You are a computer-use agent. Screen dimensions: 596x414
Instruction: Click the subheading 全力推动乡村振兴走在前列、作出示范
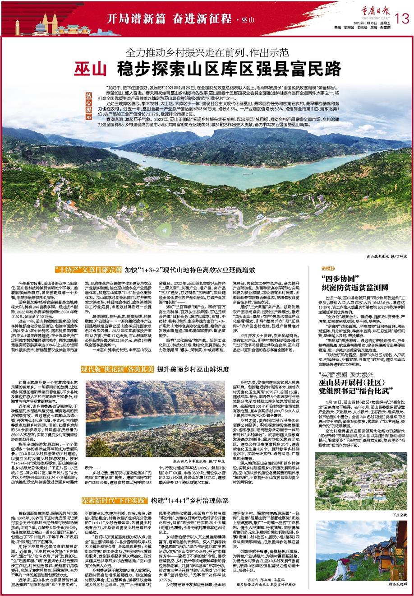207,53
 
